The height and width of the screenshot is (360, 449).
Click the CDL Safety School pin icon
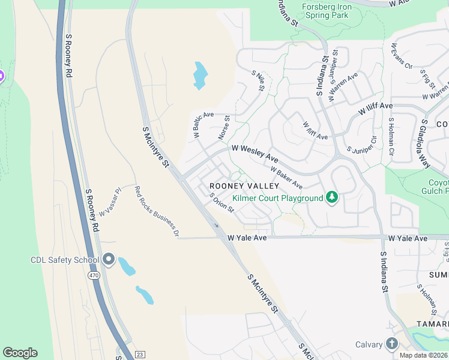(109, 260)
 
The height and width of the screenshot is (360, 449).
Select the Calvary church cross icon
(392, 344)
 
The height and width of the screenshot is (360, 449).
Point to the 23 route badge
(140, 355)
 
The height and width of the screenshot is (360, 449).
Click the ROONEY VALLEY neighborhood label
(237, 186)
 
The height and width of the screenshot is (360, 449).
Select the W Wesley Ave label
(255, 152)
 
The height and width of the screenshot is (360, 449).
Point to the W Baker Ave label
(286, 177)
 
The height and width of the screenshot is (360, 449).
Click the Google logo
(20, 353)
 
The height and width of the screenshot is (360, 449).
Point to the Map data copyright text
(424, 355)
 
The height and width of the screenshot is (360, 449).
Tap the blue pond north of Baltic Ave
(200, 76)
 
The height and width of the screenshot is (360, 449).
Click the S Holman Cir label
(390, 136)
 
